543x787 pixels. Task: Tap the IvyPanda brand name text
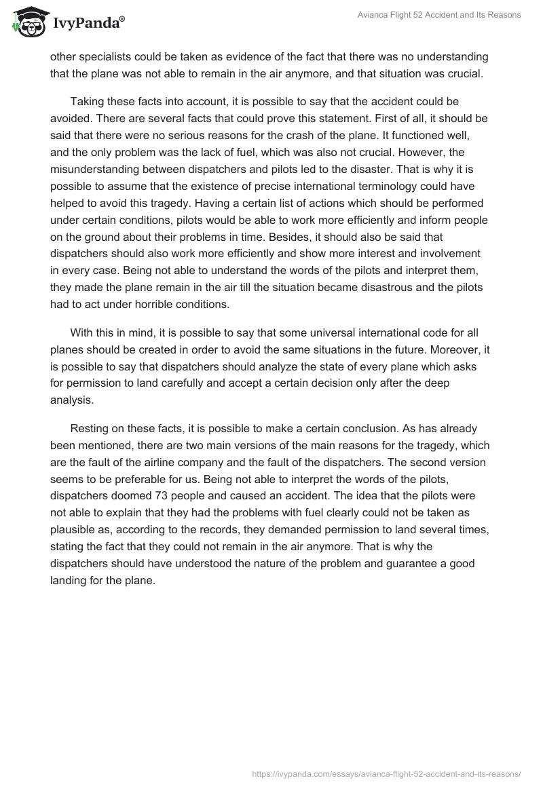[x=88, y=24]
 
